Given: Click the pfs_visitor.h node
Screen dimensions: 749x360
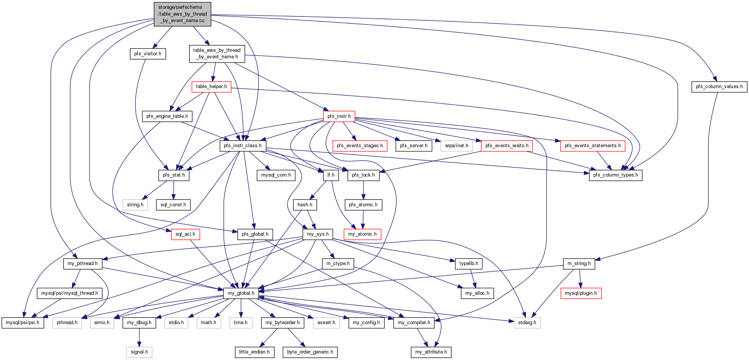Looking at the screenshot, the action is click(148, 54).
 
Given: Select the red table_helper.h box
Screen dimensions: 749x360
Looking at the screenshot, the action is click(211, 87).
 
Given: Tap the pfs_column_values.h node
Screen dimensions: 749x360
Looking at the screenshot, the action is click(719, 87).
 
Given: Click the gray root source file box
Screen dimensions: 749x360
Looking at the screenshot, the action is click(183, 14).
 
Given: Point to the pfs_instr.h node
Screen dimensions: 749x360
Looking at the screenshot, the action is click(339, 116).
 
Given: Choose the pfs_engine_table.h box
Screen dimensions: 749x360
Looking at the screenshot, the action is click(167, 116).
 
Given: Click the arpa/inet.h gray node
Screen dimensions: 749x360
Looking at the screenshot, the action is click(456, 146).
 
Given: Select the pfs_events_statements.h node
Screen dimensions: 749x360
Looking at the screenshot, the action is click(593, 146).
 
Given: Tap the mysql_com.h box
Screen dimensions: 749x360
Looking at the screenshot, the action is click(276, 175).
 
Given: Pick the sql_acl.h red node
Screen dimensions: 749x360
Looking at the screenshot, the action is click(185, 234).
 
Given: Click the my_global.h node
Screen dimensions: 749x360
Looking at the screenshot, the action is click(241, 293).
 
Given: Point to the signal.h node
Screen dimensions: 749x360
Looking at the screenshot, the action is click(139, 352).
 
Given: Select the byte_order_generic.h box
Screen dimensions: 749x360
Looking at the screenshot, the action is click(310, 352).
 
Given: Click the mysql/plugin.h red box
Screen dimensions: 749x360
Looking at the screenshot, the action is click(581, 293).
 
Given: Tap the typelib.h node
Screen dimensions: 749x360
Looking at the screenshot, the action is click(469, 264).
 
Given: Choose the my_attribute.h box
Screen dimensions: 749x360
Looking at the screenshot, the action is click(431, 352).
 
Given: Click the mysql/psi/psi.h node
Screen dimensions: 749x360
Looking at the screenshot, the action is click(23, 323).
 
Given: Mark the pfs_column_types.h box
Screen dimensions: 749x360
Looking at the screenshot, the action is click(616, 175).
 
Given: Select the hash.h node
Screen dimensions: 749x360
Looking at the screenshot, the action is click(305, 205).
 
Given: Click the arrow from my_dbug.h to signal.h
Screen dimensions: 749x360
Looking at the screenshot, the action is click(139, 337).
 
